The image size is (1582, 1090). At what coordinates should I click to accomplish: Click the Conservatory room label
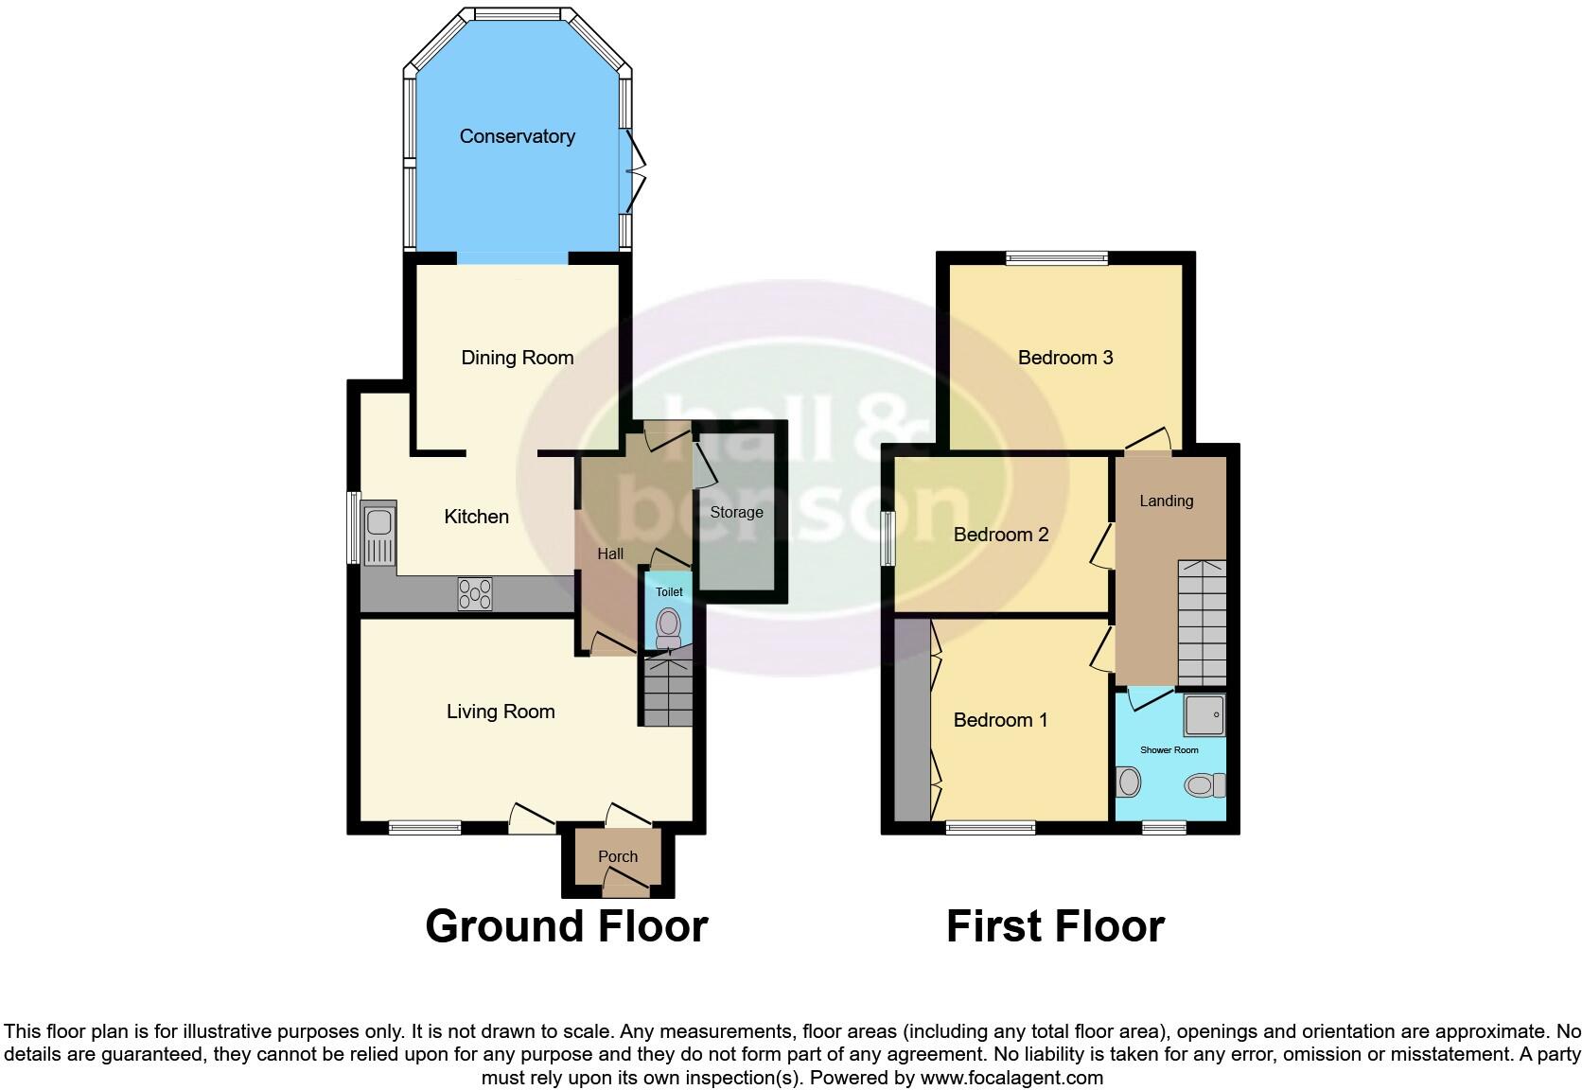[x=517, y=136]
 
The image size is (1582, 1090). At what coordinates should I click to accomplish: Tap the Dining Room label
[x=517, y=358]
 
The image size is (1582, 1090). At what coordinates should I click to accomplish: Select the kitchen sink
[x=378, y=534]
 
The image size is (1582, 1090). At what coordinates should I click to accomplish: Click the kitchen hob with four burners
[x=475, y=594]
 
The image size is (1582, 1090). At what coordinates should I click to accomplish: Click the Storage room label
[x=736, y=512]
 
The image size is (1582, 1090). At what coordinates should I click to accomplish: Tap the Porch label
[x=618, y=856]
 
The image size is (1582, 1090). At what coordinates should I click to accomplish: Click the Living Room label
[x=501, y=712]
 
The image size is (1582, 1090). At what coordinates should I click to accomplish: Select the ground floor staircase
[x=669, y=693]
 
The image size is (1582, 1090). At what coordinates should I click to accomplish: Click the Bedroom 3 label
[x=1065, y=358]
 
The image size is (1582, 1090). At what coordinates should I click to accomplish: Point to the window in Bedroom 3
[x=1056, y=256]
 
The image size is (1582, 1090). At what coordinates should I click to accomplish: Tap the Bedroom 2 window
[x=888, y=539]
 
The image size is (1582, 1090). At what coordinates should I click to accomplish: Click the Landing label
[x=1166, y=501]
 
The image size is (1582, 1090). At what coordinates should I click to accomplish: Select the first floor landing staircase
[x=1202, y=623]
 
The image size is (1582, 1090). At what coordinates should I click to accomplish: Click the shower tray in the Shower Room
[x=1204, y=715]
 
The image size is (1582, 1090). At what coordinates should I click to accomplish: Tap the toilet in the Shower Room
[x=1204, y=785]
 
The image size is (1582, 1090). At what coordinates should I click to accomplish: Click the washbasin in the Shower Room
[x=1128, y=782]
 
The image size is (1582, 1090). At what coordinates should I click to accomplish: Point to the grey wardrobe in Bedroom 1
[x=912, y=719]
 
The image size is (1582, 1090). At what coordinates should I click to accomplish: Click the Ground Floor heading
[x=566, y=925]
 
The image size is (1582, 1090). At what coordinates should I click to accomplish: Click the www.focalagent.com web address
[x=1011, y=1078]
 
